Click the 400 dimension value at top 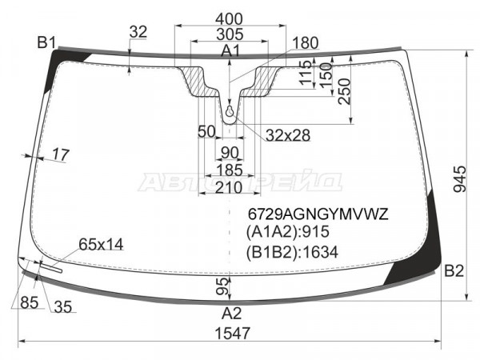coord(229,19)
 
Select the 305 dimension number coord(230,34)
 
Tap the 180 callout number coord(305,43)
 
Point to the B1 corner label coord(46,42)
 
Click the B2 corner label coord(454,271)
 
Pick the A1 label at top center coord(231,51)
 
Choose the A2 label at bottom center coord(232,313)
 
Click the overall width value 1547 coord(233,333)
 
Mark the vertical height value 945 coord(459,179)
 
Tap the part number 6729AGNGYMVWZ coord(318,214)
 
